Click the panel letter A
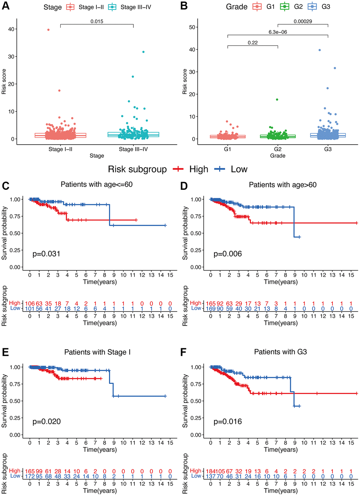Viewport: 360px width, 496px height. [6, 6]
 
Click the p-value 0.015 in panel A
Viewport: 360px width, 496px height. [97, 22]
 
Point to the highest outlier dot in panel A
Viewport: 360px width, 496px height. [48, 30]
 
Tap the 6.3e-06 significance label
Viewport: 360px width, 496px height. [278, 32]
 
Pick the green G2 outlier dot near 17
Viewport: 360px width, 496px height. [277, 99]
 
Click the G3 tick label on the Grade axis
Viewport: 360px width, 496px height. [328, 149]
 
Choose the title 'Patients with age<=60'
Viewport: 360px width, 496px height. [97, 185]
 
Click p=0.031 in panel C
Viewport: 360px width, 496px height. [46, 254]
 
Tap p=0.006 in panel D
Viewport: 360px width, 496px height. [228, 254]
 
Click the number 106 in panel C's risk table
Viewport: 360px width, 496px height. [30, 303]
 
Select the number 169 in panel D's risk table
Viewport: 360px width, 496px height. [211, 309]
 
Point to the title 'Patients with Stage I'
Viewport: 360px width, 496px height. [97, 352]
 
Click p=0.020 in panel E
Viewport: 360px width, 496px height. [47, 422]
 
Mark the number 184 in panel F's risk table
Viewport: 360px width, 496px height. [210, 471]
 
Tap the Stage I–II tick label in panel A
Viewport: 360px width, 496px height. [60, 149]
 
